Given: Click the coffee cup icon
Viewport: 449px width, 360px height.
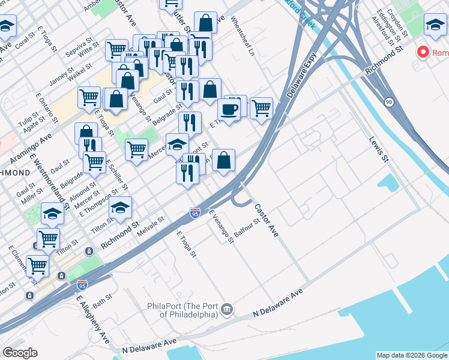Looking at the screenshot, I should [228, 109].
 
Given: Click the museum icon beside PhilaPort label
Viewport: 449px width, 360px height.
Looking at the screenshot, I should [227, 310].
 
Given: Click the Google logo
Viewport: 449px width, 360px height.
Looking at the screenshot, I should [20, 353].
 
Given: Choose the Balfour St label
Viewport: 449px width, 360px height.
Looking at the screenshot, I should [247, 228].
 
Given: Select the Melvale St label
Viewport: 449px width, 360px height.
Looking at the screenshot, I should [152, 224].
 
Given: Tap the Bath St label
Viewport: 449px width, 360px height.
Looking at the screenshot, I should [103, 298].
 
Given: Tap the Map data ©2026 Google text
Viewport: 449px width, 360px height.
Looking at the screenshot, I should [412, 355].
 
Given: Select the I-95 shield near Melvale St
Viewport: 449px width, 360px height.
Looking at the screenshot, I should [195, 213].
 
